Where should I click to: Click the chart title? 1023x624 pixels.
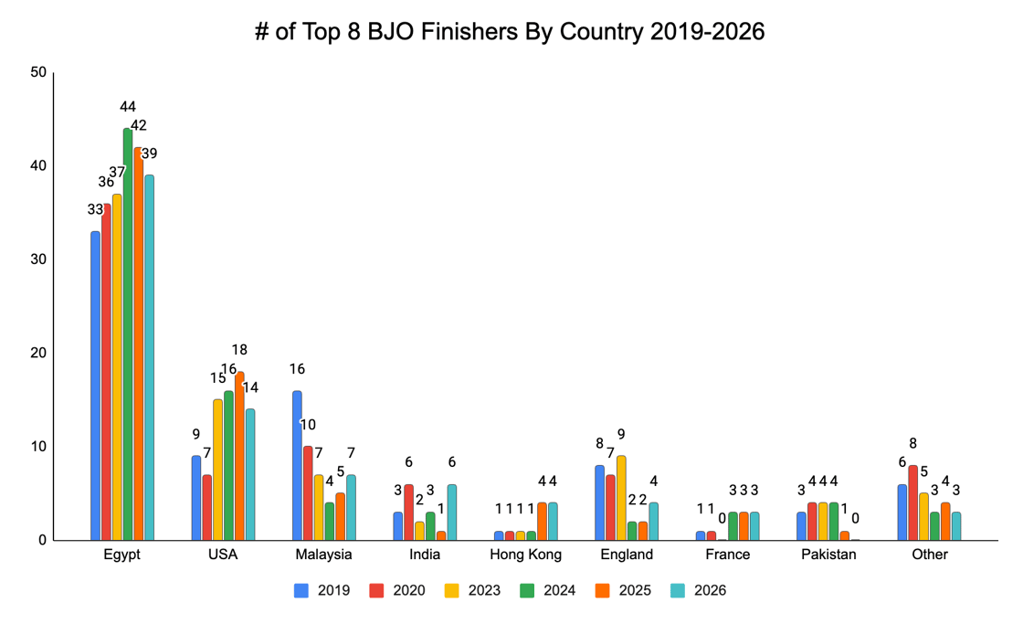coord(510,32)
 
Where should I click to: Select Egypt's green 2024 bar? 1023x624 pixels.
coord(128,333)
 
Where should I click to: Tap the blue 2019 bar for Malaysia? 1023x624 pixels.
coord(297,465)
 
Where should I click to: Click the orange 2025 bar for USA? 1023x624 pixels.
coord(239,456)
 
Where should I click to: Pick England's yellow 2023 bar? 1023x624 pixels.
coord(621,498)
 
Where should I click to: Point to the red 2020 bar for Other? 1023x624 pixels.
coord(912,502)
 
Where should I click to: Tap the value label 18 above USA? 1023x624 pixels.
coord(239,350)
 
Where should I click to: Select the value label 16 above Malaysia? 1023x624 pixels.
coord(297,369)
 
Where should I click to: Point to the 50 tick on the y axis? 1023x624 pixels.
coord(37,73)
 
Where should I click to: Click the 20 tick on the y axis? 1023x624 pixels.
coord(37,354)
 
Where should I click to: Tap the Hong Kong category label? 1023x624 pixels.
coord(525,555)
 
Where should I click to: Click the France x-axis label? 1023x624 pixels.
coord(728,555)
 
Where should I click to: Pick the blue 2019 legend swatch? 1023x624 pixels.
coord(301,591)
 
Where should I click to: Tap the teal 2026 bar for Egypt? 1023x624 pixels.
coord(149,357)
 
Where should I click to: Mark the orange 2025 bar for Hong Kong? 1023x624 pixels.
coord(542,521)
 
